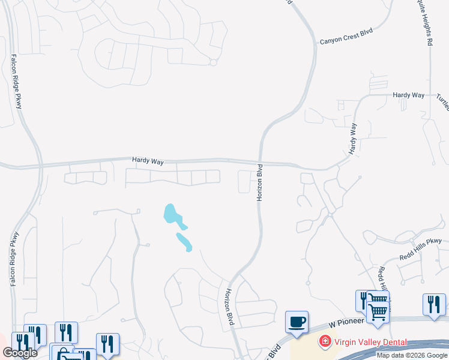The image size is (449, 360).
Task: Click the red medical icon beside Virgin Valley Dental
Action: (x=325, y=341)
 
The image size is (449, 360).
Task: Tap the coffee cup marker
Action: (x=297, y=322)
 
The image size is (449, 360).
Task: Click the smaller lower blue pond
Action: (x=184, y=242)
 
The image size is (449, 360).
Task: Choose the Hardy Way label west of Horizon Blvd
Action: (x=148, y=161)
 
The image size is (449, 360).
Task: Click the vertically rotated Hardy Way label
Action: (x=354, y=137)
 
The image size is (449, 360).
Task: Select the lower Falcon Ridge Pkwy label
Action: (x=13, y=258)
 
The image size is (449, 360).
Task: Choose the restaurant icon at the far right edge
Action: (x=433, y=304)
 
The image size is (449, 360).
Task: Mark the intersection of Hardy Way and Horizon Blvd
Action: (x=262, y=162)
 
